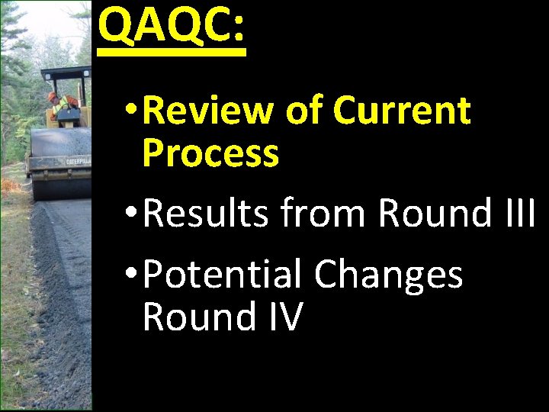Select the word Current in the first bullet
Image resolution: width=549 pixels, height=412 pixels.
(402, 111)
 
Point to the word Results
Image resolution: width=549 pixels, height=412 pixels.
(205, 214)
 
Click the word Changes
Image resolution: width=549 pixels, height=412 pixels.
(389, 275)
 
